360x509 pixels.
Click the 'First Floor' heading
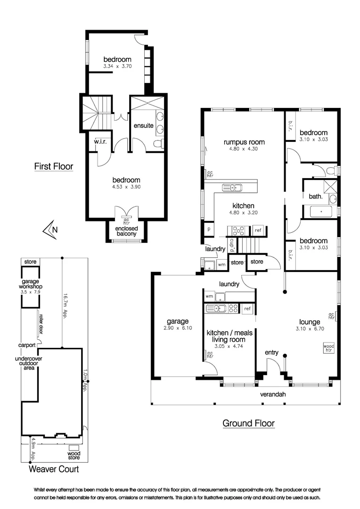click(x=54, y=166)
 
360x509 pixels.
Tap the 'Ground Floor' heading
click(x=249, y=423)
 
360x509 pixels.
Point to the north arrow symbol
click(x=50, y=230)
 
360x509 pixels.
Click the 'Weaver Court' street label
click(x=54, y=469)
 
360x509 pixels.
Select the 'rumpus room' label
click(x=244, y=142)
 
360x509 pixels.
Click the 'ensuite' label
click(x=143, y=126)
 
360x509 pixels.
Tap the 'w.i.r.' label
click(x=100, y=141)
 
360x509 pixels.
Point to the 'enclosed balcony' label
click(x=126, y=231)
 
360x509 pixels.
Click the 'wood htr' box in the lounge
click(x=329, y=348)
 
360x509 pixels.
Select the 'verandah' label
click(x=273, y=394)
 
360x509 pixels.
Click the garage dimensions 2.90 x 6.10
click(x=178, y=328)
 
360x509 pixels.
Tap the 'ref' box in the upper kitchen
click(x=258, y=230)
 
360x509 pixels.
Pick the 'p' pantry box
click(x=209, y=229)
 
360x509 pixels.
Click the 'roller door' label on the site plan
click(x=41, y=324)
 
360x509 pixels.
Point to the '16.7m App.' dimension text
click(x=65, y=306)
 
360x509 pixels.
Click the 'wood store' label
click(x=74, y=455)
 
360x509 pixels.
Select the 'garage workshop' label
click(x=31, y=284)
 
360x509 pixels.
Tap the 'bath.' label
click(x=316, y=197)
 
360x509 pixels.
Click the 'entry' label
click(x=272, y=353)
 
